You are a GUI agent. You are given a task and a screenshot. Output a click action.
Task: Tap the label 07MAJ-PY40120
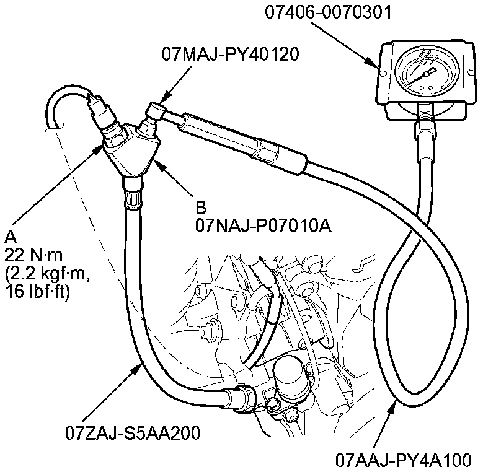point(231,55)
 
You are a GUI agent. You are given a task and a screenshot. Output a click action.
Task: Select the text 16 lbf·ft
point(38,292)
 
